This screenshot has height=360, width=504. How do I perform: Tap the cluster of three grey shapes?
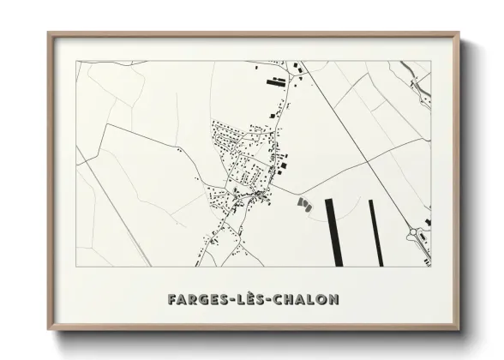[x=303, y=204]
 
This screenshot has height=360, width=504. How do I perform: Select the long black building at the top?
[x=276, y=83]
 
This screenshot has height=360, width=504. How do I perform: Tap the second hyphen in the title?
[x=269, y=301]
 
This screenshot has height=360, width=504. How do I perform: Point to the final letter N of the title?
[x=334, y=300]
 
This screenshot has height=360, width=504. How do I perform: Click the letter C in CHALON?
[x=279, y=300]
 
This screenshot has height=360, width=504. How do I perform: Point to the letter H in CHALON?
[x=290, y=300]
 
